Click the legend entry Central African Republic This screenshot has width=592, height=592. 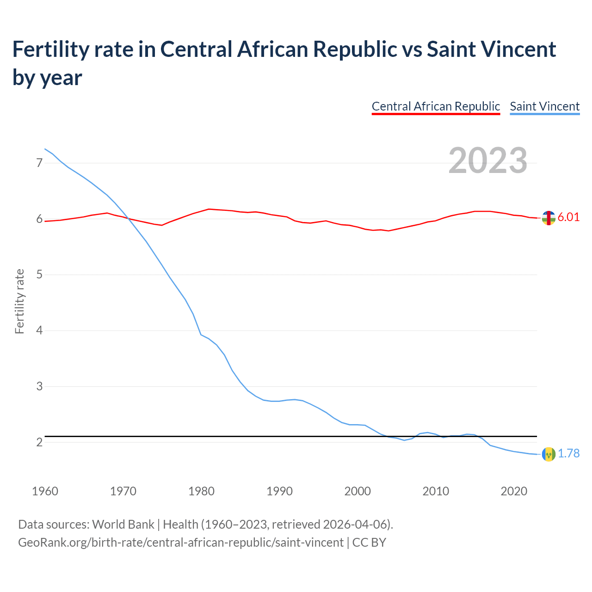(x=436, y=106)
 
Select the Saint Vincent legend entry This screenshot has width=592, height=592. (x=544, y=106)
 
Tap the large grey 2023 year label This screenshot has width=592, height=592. (x=488, y=160)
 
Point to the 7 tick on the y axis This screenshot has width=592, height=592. (x=39, y=163)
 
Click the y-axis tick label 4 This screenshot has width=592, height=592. (x=39, y=330)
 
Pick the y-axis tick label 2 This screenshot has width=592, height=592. (x=39, y=442)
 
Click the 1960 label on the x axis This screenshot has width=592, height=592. (x=45, y=491)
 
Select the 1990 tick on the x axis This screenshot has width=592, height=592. (x=279, y=491)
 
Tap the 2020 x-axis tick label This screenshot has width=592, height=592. (x=514, y=491)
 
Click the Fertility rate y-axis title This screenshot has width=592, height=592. (x=19, y=301)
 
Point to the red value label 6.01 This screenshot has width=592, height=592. (x=568, y=217)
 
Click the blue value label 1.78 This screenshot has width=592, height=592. (x=568, y=454)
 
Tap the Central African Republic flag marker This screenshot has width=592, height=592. (x=549, y=218)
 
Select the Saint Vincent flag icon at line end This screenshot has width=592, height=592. (x=549, y=454)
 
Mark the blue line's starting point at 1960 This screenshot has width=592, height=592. (x=45, y=149)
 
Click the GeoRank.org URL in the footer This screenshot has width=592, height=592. (x=180, y=543)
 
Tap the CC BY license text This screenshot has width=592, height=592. (x=369, y=543)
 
